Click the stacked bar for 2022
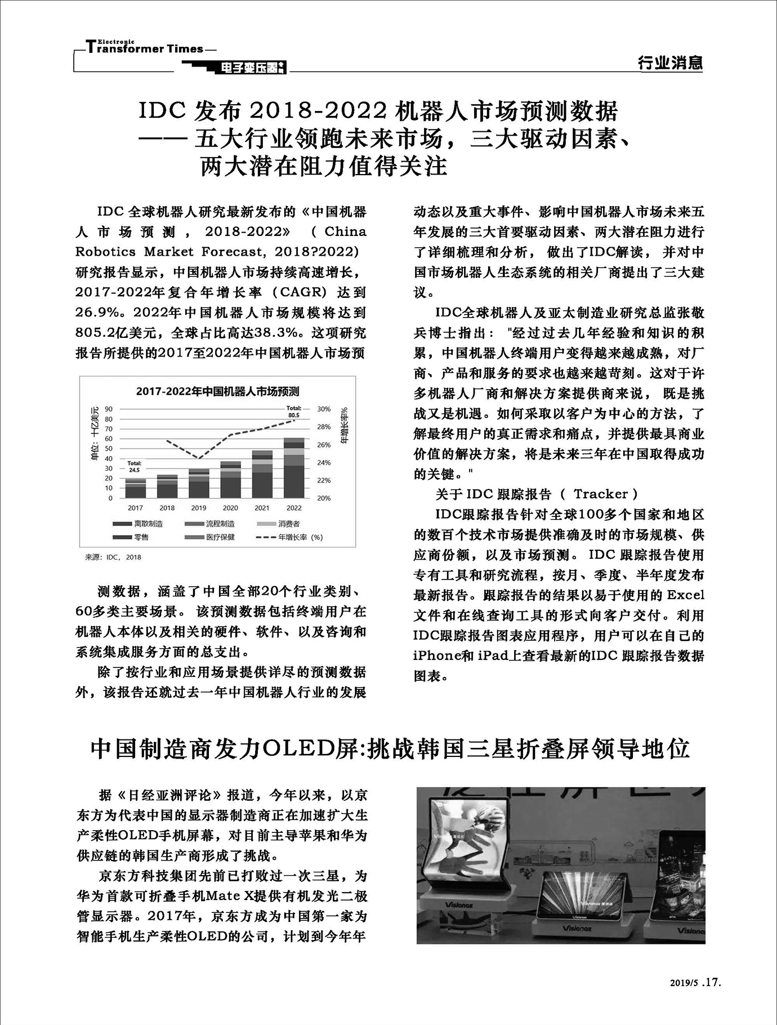click(293, 467)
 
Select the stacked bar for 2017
click(135, 488)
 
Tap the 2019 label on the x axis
click(198, 507)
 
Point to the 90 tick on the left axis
click(109, 409)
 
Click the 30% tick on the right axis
click(324, 409)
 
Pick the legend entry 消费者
click(289, 524)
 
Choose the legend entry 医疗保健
click(220, 537)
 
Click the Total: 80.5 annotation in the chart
click(293, 412)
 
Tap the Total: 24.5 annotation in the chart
click(135, 466)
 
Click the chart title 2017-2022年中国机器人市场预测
click(217, 391)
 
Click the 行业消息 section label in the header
click(670, 63)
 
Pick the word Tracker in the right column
click(601, 494)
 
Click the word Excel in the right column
click(685, 595)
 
